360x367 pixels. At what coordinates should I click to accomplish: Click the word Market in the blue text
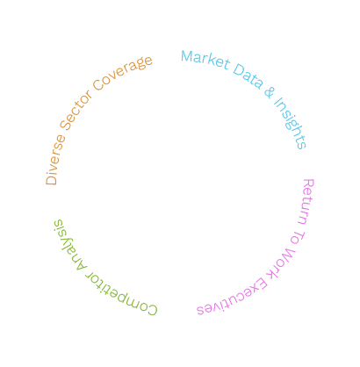pos(205,60)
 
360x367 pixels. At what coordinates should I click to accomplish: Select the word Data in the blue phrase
pos(248,76)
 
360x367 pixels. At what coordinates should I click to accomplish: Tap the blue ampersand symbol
pos(270,92)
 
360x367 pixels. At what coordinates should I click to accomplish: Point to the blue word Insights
pos(291,123)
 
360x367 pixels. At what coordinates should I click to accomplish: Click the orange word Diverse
pos(54,161)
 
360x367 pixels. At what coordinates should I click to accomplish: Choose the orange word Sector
pos(76,111)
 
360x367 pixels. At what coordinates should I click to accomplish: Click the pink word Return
pos(306,201)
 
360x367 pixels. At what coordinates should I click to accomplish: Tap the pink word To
pos(298,237)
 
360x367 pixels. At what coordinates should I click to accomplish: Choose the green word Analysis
pos(68,245)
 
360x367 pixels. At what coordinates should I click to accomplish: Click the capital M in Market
pos(187,56)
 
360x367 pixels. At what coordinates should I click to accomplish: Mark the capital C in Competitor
pos(152,310)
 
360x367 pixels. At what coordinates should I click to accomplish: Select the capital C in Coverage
pos(99,85)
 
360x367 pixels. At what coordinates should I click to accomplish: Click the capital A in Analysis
pos(81,265)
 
